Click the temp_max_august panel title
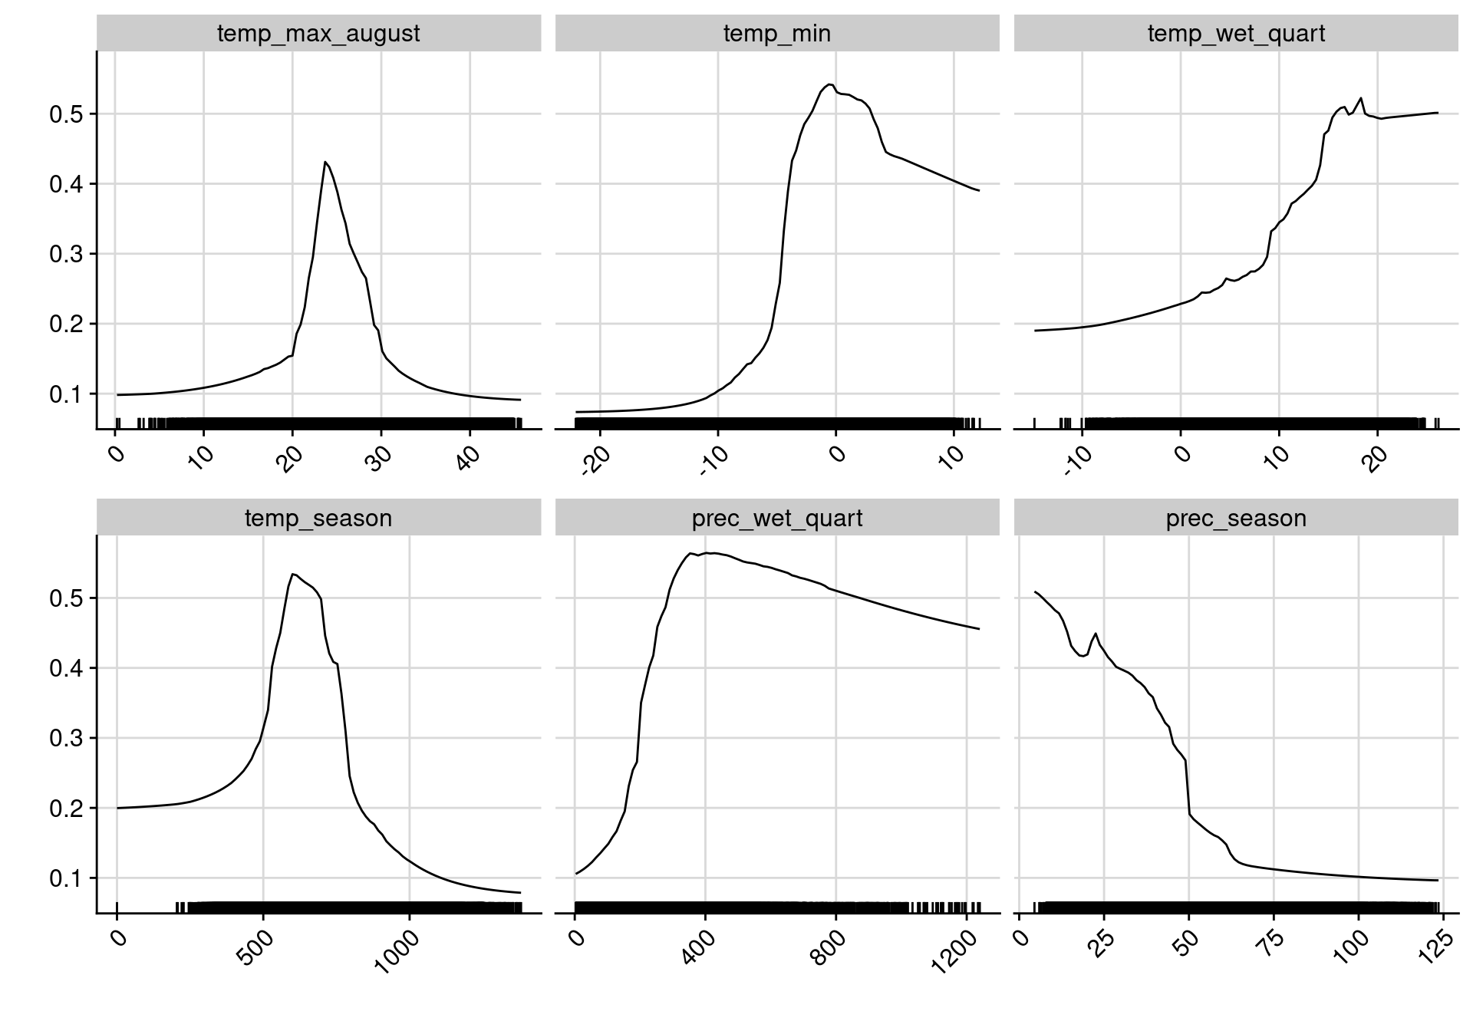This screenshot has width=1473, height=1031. coord(318,34)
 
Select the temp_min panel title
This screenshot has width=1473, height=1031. coord(776,34)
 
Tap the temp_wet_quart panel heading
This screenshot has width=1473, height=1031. coord(1235,34)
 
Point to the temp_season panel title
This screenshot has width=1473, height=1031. coord(318,519)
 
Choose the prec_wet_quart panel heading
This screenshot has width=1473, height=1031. coord(776,519)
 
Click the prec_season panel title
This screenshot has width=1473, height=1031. coord(1235,519)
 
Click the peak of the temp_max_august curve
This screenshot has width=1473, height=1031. coord(325,162)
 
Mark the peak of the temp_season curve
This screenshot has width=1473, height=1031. coord(293,574)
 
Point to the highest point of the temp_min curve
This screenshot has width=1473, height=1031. coord(829,84)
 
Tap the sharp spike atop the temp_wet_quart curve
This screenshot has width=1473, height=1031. coord(1360,98)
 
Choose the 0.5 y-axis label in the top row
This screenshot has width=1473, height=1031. coord(67,115)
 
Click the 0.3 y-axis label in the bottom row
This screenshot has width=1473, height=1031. coord(67,739)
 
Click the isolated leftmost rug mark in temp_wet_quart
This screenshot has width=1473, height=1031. coord(1035,423)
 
